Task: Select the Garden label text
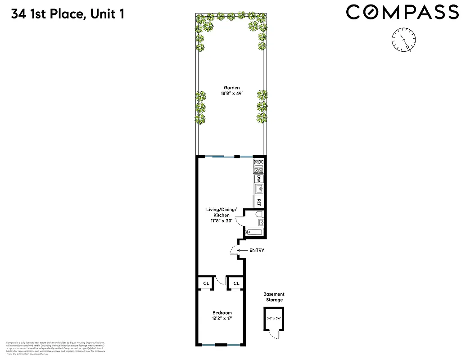pos(232,88)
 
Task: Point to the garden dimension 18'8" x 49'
pos(232,95)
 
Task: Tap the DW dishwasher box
pos(259,179)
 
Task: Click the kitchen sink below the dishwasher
pos(259,189)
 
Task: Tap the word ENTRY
pos(256,251)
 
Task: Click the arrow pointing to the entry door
pos(242,251)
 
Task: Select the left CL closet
pos(206,283)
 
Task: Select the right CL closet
pos(235,283)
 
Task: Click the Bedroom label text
pos(222,313)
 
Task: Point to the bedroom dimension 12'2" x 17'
pos(222,319)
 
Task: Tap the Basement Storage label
pos(274,297)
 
